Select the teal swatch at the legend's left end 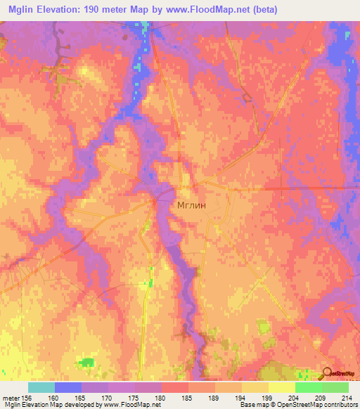(41, 387)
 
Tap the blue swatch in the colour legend (68, 387)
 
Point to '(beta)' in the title (262, 10)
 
